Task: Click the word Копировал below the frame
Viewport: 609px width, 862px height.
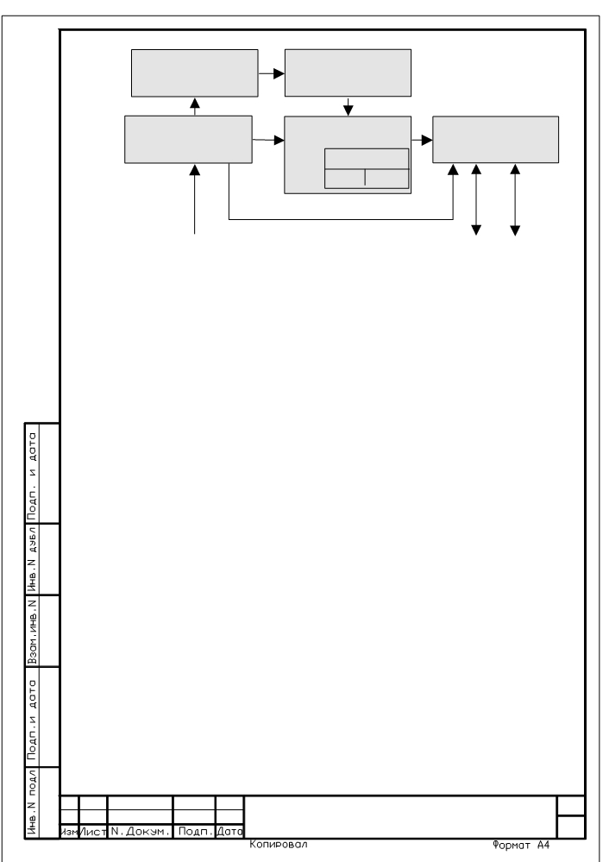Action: click(278, 844)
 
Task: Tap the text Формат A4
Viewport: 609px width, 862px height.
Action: click(520, 845)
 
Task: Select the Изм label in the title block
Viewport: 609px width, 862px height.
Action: click(69, 832)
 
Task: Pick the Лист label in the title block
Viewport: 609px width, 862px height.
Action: click(93, 832)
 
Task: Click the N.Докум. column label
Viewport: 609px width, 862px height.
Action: click(140, 832)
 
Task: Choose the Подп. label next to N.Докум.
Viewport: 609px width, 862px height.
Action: click(195, 832)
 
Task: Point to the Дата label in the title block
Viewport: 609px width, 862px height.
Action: click(229, 832)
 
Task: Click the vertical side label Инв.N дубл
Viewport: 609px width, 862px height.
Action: click(33, 558)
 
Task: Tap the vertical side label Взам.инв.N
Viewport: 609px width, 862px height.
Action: click(33, 631)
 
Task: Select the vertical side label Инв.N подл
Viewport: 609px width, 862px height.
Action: click(33, 802)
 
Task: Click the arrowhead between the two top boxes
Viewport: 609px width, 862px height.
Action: click(279, 73)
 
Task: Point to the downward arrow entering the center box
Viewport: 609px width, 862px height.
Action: click(348, 107)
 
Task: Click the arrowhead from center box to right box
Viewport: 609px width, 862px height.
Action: click(427, 140)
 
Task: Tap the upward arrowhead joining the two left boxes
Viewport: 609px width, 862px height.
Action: click(195, 104)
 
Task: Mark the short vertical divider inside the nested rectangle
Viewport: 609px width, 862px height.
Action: click(365, 179)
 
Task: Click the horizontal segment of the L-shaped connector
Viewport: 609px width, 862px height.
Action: click(341, 219)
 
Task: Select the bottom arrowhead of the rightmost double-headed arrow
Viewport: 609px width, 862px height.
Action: click(515, 230)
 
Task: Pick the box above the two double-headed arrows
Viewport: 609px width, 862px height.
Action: click(496, 140)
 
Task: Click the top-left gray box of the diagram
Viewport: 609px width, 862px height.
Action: click(195, 73)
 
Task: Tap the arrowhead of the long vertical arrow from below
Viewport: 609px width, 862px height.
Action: click(195, 170)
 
